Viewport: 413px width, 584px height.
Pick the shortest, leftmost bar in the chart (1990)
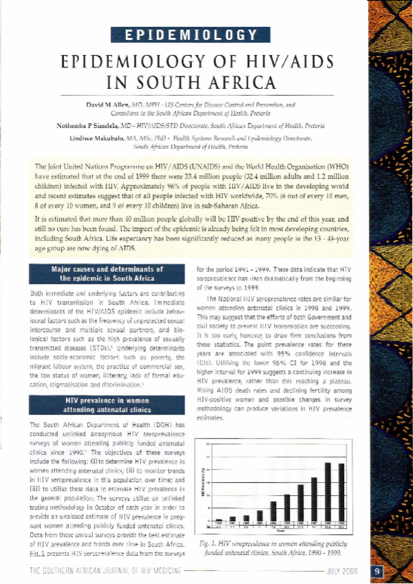point(219,519)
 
